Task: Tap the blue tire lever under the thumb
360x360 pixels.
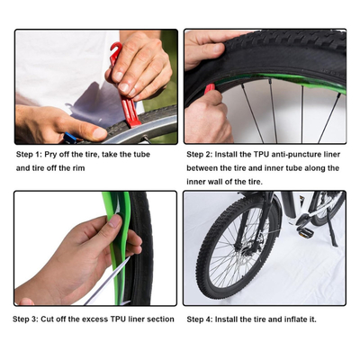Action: pyautogui.click(x=70, y=138)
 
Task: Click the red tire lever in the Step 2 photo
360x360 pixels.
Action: pyautogui.click(x=210, y=88)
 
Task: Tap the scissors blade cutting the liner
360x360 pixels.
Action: pyautogui.click(x=108, y=281)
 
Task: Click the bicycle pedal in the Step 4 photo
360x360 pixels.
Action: pyautogui.click(x=303, y=231)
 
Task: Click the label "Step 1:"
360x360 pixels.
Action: pyautogui.click(x=29, y=155)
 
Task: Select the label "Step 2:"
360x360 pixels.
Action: pyautogui.click(x=200, y=155)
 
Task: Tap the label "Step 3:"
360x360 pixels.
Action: pyautogui.click(x=25, y=319)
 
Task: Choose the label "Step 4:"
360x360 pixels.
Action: pyautogui.click(x=200, y=319)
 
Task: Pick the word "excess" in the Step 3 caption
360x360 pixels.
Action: pyautogui.click(x=95, y=319)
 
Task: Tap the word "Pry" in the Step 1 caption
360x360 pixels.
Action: pyautogui.click(x=50, y=155)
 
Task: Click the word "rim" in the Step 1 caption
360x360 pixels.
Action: pyautogui.click(x=78, y=168)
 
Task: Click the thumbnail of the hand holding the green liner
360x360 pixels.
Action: pyautogui.click(x=95, y=248)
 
